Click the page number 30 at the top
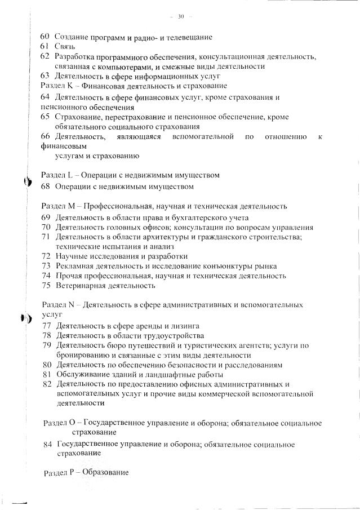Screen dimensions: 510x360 click(181, 16)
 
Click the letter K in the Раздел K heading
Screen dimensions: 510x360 click(70, 86)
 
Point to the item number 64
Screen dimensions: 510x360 click(45, 97)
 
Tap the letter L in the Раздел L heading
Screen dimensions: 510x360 click(70, 175)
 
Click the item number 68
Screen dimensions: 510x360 click(46, 186)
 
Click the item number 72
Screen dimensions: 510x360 click(46, 256)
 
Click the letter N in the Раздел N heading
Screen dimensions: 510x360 click(71, 305)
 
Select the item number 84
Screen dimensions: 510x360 click(48, 445)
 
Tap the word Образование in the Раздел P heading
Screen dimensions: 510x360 click(106, 472)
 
